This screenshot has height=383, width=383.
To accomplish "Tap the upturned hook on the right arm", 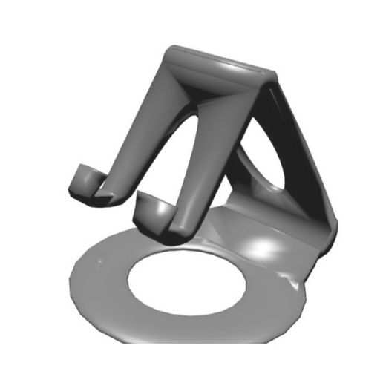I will click(x=154, y=211).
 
